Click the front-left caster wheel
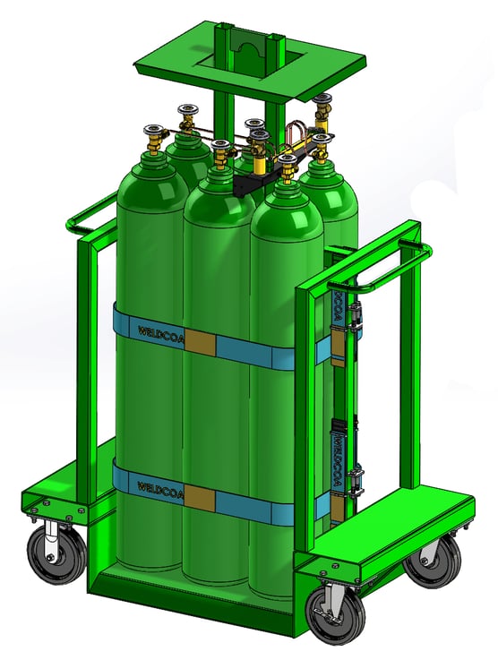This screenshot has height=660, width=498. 53,554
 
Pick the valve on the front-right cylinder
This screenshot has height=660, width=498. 287,167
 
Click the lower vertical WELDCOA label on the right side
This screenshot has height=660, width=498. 339,461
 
